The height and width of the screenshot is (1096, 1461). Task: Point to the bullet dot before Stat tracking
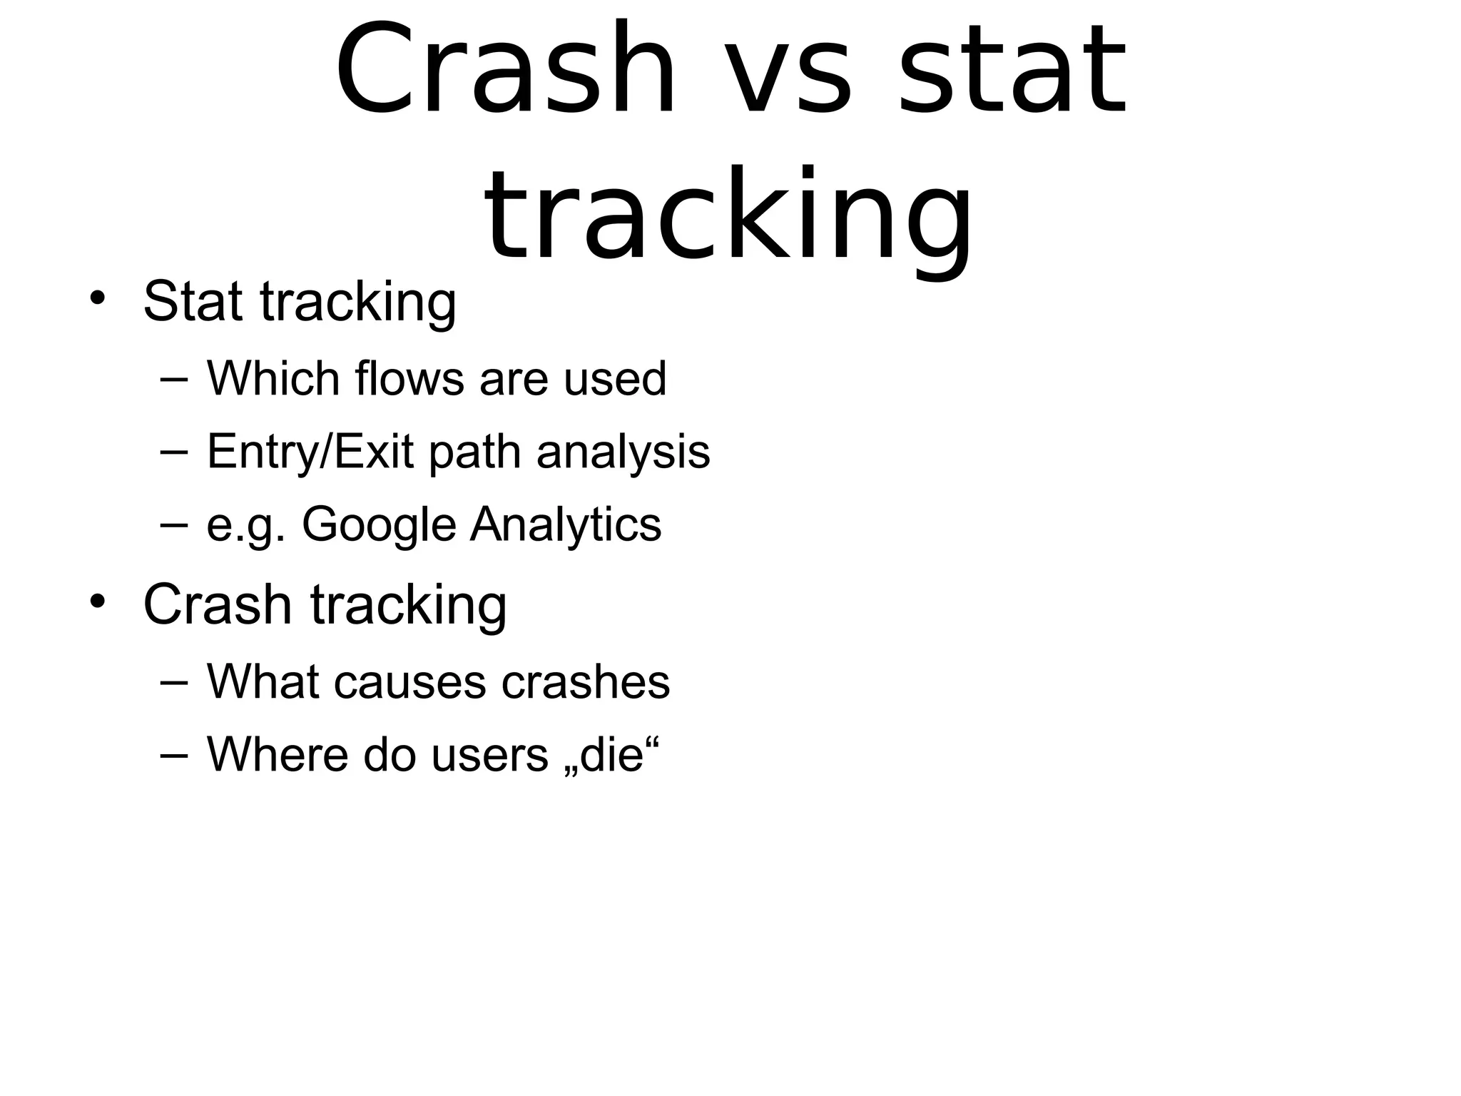98,298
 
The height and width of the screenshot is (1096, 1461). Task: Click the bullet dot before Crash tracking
98,601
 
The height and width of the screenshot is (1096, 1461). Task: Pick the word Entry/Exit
310,452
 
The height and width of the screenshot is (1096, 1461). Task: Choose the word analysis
623,452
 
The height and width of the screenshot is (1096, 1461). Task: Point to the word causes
409,683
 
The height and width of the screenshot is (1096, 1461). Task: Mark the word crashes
585,681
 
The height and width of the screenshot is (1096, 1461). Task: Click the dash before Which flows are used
174,380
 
